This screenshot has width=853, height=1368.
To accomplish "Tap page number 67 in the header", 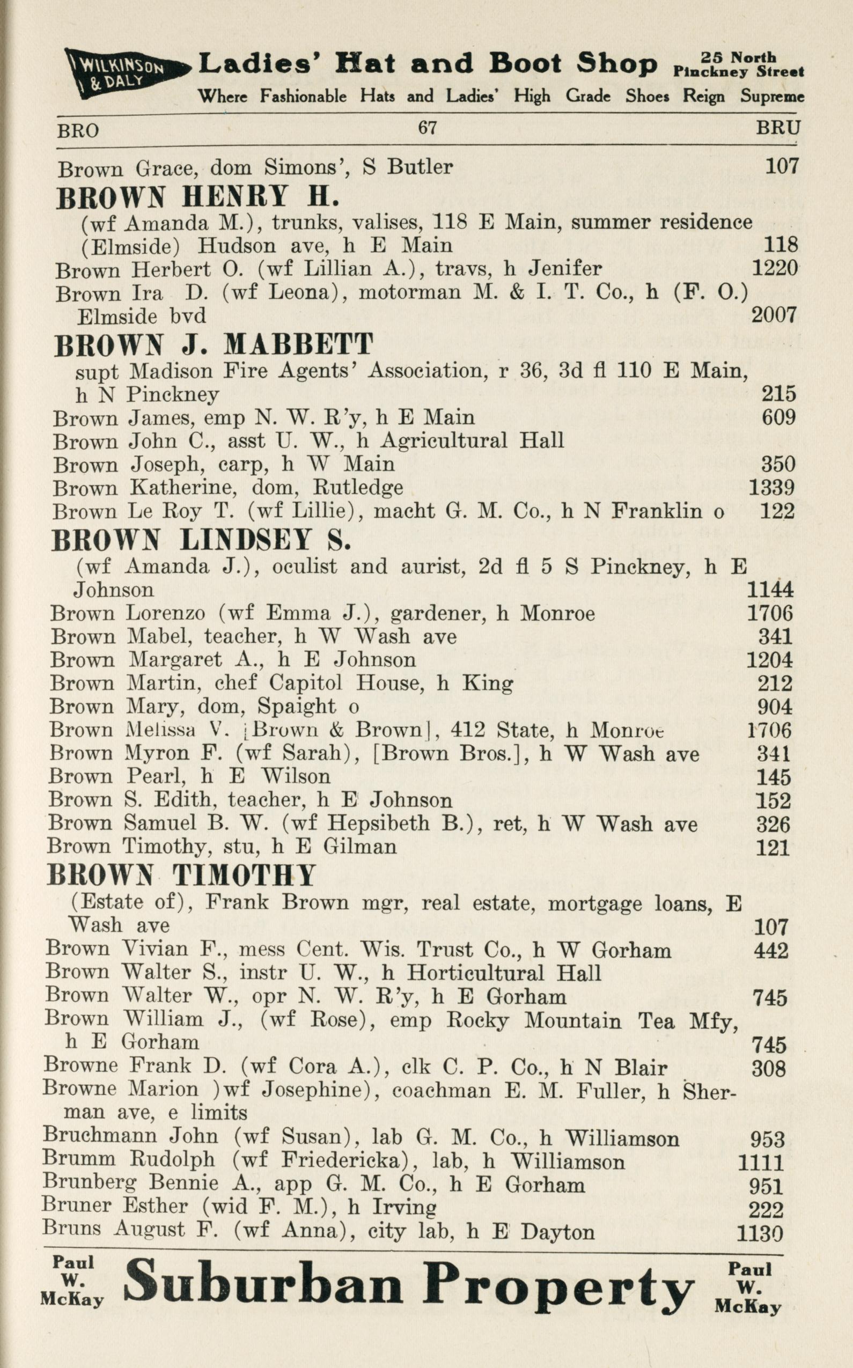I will pyautogui.click(x=427, y=128).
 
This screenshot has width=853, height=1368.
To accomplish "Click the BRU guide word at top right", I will pyautogui.click(x=778, y=129).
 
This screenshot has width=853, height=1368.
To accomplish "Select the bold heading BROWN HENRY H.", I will pyautogui.click(x=197, y=197).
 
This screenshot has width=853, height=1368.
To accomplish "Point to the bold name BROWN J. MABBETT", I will pyautogui.click(x=214, y=344).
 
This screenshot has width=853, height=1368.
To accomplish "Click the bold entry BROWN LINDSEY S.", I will pyautogui.click(x=201, y=540).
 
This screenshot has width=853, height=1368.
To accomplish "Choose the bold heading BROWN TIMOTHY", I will pyautogui.click(x=181, y=876).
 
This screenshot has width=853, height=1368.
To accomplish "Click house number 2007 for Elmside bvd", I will pyautogui.click(x=774, y=315).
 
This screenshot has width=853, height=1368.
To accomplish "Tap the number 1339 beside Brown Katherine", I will pyautogui.click(x=771, y=488).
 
